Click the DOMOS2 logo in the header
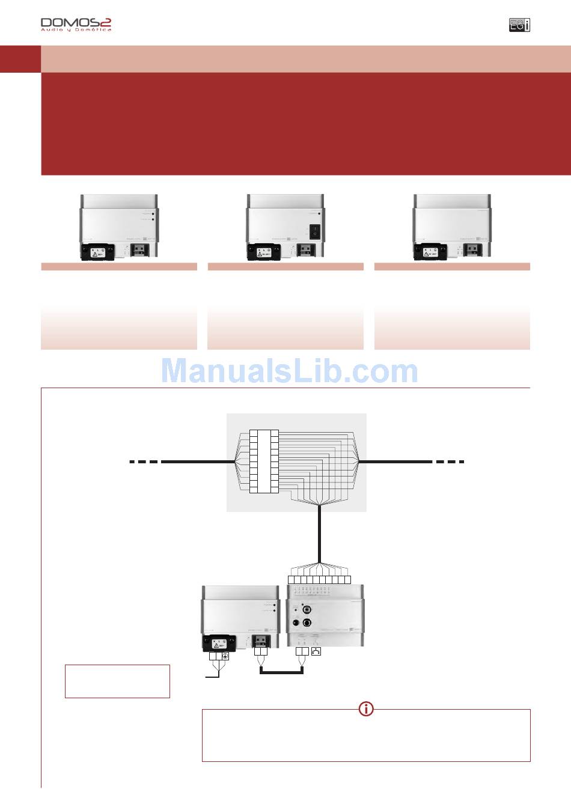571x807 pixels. point(76,24)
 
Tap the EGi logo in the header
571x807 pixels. point(519,25)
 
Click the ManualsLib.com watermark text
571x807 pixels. point(289,371)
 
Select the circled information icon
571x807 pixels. point(366,709)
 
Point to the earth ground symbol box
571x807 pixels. point(225,656)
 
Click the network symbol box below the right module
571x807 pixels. point(316,651)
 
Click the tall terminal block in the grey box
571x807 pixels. point(264,461)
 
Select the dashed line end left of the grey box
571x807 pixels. point(145,461)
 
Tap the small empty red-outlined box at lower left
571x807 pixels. point(117,681)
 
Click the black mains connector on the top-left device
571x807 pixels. point(97,251)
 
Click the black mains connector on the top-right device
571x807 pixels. point(429,251)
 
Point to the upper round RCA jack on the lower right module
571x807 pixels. point(306,609)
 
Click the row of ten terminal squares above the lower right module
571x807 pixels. point(319,579)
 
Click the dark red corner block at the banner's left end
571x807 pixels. point(20,59)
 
